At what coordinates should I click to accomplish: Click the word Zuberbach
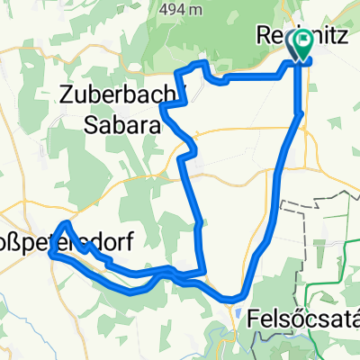pos(107,94)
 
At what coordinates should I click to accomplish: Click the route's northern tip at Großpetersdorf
pos(66,222)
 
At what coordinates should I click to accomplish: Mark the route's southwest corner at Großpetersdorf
pos(51,254)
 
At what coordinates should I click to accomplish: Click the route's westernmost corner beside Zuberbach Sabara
pos(163,106)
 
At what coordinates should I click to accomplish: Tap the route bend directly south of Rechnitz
pos(299,113)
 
